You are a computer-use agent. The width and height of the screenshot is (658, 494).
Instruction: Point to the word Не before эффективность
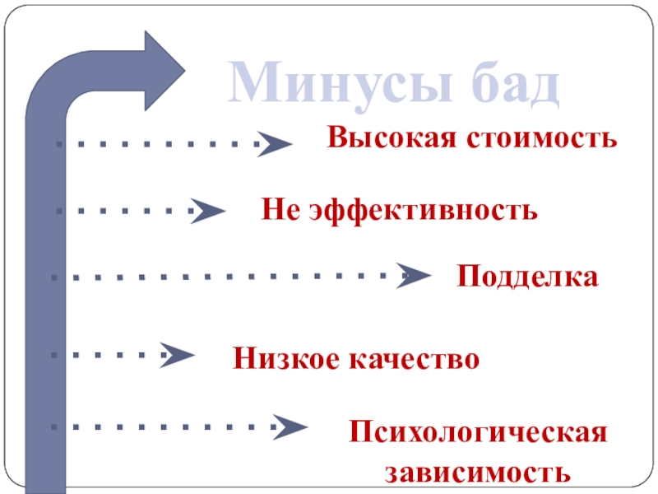point(280,211)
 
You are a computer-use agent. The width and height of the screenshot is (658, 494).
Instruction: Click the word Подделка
point(527,277)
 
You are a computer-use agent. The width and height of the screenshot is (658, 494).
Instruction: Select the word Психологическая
point(478,433)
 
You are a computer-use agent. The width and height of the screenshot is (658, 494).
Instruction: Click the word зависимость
point(478,473)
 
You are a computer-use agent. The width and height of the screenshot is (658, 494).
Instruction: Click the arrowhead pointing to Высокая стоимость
point(276,144)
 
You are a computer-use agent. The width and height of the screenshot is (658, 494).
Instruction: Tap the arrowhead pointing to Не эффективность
point(210,211)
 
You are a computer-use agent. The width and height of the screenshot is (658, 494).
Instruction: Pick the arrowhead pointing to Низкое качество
point(178,355)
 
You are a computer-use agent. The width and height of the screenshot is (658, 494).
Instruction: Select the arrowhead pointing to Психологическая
point(290,426)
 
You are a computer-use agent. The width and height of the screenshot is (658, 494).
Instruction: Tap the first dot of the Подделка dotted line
point(54,277)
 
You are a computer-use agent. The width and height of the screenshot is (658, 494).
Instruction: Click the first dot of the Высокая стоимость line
point(59,144)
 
